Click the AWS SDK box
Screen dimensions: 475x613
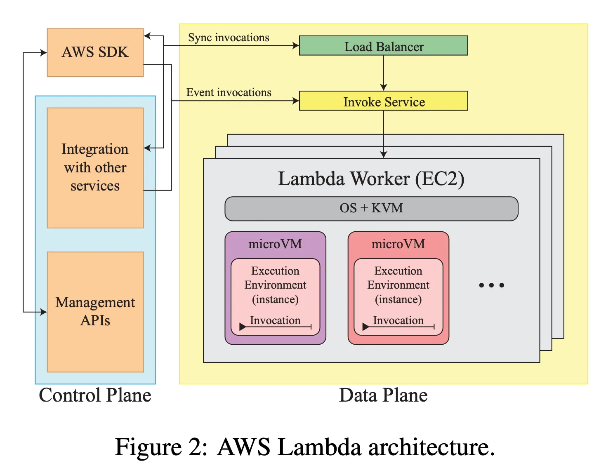[95, 52]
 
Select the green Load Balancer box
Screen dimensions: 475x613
[383, 46]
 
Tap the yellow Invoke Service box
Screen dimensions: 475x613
[383, 101]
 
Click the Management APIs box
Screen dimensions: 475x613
[95, 312]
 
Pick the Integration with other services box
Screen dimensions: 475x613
[95, 167]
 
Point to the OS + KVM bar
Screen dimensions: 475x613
[371, 208]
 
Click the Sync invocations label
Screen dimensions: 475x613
[229, 38]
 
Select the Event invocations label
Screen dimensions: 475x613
[229, 92]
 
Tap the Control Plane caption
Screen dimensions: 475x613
[95, 395]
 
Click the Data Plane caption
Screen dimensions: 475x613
[383, 395]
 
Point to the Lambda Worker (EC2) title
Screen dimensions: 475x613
[371, 179]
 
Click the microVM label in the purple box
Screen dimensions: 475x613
[275, 244]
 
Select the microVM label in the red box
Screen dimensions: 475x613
[398, 244]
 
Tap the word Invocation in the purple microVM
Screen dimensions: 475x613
[275, 320]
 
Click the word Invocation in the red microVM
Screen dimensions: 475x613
[398, 320]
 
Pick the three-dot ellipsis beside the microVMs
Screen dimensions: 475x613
[491, 285]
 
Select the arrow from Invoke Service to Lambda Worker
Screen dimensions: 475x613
[384, 134]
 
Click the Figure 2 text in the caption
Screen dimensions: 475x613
[161, 447]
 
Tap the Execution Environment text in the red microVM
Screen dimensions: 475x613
[398, 278]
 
